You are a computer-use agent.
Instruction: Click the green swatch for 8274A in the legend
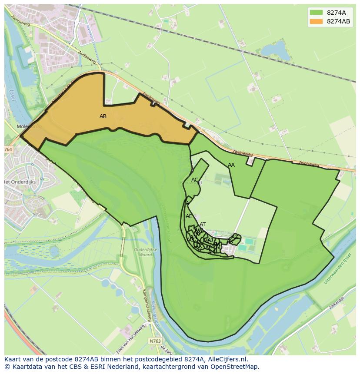[x=316, y=12]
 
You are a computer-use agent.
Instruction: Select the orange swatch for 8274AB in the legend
[x=316, y=21]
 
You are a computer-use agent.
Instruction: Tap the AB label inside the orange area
[x=103, y=116]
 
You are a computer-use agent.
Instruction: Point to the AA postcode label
[x=231, y=165]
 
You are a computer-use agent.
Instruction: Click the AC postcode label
[x=195, y=180]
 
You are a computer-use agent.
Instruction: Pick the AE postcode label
[x=189, y=216]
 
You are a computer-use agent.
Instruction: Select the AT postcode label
[x=203, y=225]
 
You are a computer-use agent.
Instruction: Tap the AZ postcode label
[x=234, y=237]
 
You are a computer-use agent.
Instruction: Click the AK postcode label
[x=199, y=246]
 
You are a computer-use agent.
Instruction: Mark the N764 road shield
[x=8, y=149]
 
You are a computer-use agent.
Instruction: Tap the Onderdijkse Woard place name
[x=143, y=252]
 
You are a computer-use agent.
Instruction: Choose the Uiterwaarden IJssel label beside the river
[x=337, y=269]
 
